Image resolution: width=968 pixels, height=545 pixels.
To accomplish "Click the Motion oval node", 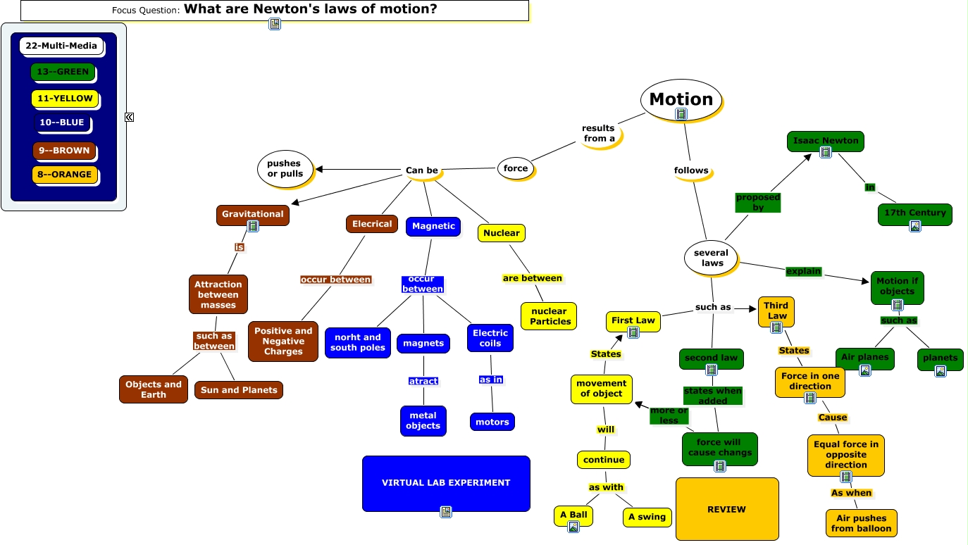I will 681,99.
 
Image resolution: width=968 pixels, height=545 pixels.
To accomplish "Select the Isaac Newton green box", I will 825,141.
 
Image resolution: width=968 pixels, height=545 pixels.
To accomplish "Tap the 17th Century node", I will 914,213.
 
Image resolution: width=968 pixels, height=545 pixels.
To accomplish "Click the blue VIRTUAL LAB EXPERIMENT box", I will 445,483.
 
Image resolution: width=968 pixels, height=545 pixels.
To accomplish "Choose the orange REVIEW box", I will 726,509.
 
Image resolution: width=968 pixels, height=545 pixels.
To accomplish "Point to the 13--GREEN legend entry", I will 63,72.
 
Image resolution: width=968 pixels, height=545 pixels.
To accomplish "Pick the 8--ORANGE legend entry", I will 65,175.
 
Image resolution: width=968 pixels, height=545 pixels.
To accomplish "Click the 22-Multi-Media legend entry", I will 61,46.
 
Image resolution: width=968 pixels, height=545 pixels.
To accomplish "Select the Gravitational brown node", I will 252,214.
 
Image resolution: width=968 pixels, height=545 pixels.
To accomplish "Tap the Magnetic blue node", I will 433,226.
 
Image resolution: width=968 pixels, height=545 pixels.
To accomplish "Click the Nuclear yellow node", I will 501,233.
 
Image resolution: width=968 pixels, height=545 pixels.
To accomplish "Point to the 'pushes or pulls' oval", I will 285,169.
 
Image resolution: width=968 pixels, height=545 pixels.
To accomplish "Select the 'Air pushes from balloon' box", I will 861,523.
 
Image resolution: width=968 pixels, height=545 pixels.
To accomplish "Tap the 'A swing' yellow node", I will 647,517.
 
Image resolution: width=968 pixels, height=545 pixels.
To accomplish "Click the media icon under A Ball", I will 573,527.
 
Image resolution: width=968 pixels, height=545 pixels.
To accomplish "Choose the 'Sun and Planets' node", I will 239,390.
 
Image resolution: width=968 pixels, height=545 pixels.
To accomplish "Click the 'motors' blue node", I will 492,422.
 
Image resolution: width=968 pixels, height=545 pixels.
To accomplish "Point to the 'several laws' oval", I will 711,258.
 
